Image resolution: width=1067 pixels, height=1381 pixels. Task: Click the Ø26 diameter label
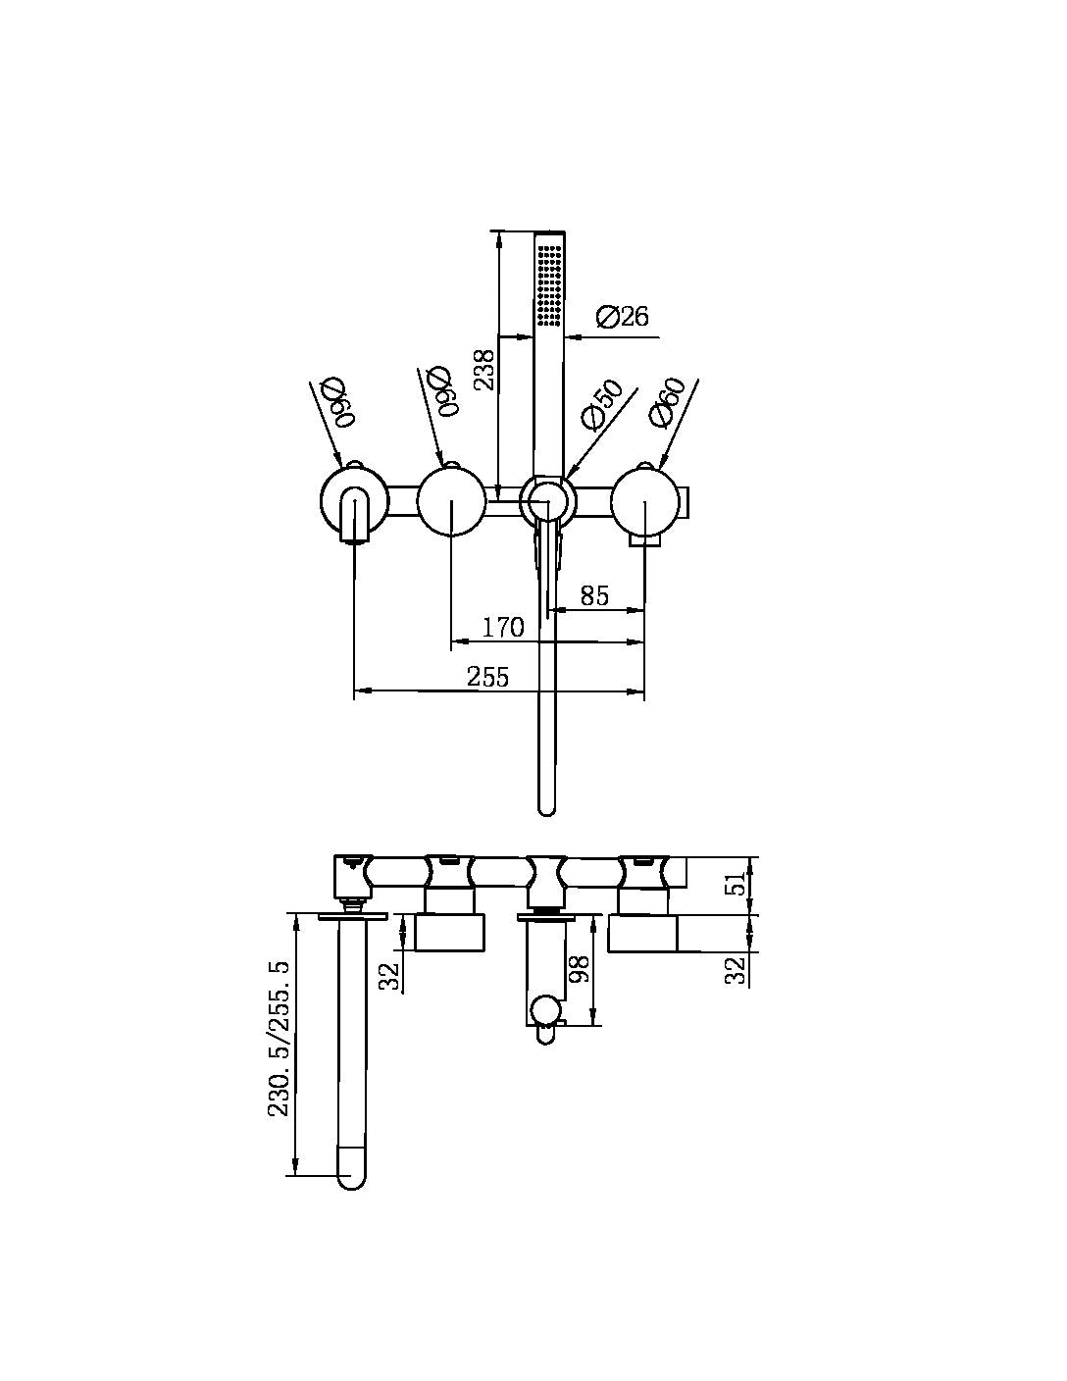(622, 317)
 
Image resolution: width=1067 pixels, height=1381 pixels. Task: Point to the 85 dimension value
(594, 595)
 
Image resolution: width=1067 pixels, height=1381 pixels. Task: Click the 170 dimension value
(504, 628)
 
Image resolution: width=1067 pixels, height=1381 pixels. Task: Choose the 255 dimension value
(487, 677)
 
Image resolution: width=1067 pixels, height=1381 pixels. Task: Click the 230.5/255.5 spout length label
(279, 1038)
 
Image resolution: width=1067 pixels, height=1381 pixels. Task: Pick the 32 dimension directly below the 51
(737, 969)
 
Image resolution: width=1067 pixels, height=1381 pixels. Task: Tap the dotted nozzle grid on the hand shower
(548, 284)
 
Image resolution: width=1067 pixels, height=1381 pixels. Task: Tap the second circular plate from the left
(450, 500)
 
